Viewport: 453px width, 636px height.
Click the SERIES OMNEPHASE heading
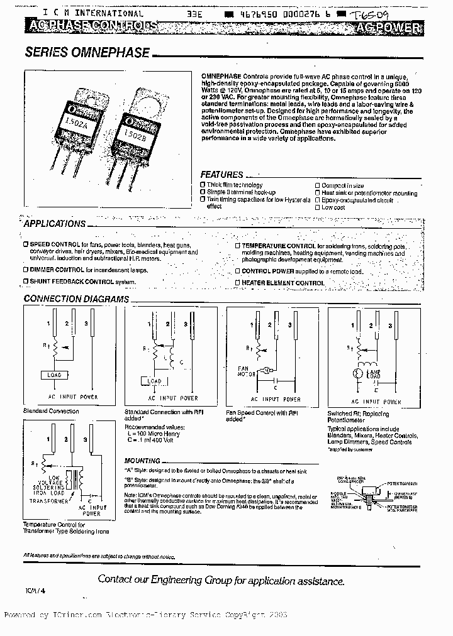point(87,53)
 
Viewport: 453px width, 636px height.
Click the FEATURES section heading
point(221,175)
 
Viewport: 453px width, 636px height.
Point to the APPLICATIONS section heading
point(55,224)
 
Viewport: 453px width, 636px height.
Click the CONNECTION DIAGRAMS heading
point(76,299)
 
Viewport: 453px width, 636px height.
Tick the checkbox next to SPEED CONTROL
point(25,244)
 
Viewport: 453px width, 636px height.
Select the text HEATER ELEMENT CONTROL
point(283,283)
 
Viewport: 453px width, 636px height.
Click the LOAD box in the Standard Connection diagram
point(53,375)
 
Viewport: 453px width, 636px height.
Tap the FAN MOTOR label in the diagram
point(243,371)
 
